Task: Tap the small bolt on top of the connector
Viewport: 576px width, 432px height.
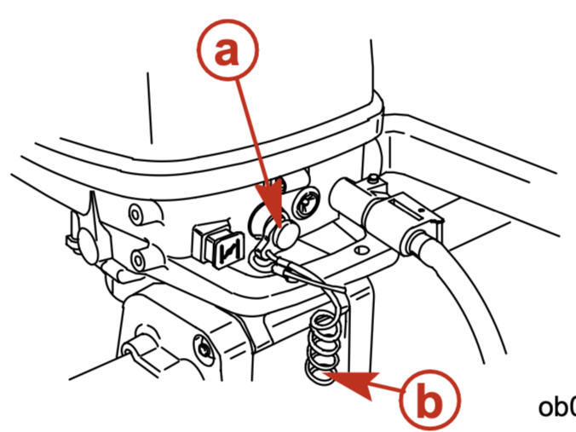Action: coord(373,181)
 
